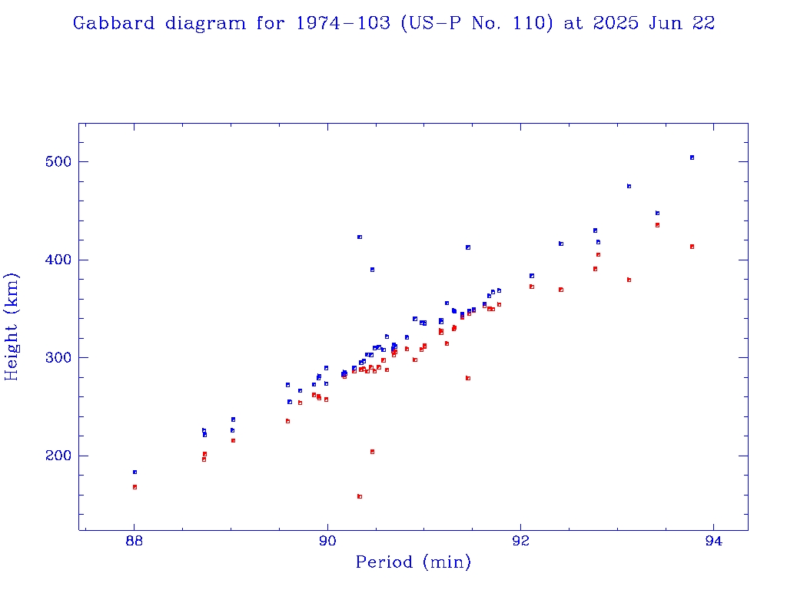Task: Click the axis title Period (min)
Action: [x=413, y=563]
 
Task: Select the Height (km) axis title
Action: [x=12, y=326]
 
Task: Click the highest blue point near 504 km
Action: [x=692, y=157]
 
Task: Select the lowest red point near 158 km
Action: [x=359, y=496]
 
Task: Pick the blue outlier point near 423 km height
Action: [x=359, y=237]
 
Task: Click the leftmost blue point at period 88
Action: [x=134, y=472]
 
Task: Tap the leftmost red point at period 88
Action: [x=134, y=487]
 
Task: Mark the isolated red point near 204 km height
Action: [x=372, y=452]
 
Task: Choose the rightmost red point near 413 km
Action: [x=692, y=247]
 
